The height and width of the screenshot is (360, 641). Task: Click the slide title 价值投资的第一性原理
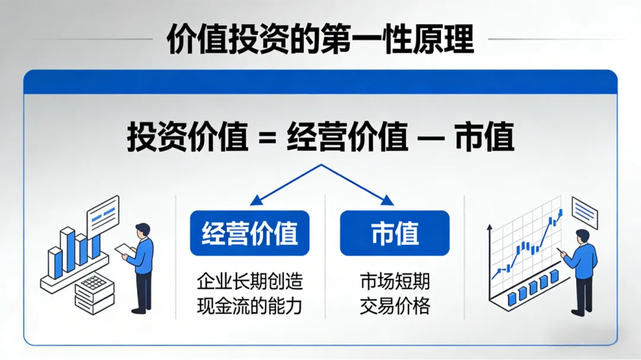(320, 40)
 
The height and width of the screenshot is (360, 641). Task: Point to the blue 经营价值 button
(249, 233)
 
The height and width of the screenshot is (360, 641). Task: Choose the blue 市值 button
(395, 233)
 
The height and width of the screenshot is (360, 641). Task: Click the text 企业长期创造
(249, 281)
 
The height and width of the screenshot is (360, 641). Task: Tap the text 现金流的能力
(249, 305)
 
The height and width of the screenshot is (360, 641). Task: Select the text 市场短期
(395, 281)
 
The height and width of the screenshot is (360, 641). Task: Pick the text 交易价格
(395, 305)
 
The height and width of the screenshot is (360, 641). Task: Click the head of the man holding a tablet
(142, 230)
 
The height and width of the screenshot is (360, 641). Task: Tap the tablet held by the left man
(125, 250)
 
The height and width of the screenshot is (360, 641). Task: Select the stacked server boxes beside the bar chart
(94, 294)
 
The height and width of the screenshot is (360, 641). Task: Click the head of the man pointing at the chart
(582, 236)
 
